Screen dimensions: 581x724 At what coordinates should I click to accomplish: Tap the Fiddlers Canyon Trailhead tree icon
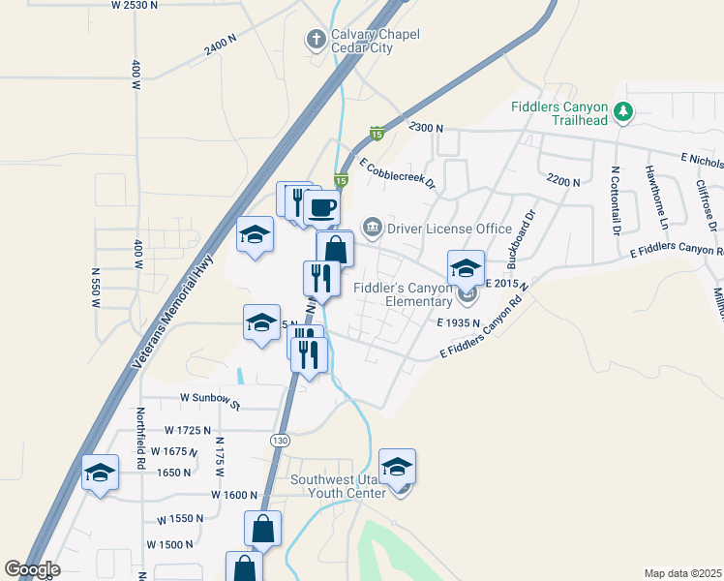(624, 113)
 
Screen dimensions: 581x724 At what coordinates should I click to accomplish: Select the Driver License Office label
(449, 229)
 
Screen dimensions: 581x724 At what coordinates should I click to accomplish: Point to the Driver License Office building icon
(372, 228)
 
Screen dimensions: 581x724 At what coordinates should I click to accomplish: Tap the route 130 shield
(280, 441)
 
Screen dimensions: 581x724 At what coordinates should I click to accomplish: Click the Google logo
(32, 569)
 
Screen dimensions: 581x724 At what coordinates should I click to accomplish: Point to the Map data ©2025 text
(682, 573)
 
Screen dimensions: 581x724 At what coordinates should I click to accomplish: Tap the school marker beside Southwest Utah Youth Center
(397, 469)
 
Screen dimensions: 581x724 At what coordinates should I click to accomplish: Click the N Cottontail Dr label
(615, 200)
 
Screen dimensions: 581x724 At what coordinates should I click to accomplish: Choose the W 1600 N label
(228, 494)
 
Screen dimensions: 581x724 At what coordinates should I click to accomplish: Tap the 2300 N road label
(425, 128)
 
